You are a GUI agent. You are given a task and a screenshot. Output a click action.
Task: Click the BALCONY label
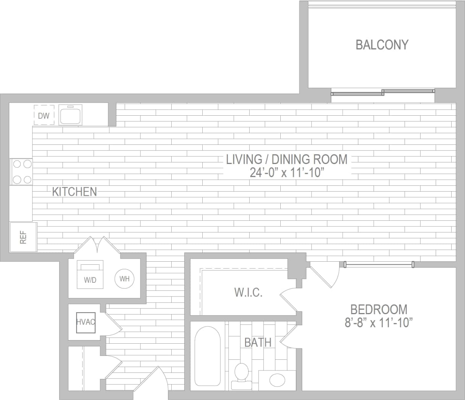(x=382, y=45)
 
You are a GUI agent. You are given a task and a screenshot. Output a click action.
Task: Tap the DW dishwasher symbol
(x=44, y=115)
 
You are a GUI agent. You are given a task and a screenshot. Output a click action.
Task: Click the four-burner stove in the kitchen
(x=22, y=172)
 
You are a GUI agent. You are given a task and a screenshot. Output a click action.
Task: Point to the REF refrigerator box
(x=23, y=238)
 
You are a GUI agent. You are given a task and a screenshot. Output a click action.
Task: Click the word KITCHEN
(x=74, y=192)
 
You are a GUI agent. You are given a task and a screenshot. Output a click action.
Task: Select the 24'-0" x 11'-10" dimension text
(x=287, y=172)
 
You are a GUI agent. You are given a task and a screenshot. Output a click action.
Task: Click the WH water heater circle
(x=124, y=279)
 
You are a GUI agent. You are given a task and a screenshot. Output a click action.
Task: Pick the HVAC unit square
(x=85, y=322)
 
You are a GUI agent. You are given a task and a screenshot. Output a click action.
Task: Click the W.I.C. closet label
(x=248, y=293)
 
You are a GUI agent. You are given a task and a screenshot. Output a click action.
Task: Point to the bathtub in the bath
(x=207, y=356)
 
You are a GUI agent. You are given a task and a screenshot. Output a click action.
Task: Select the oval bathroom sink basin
(x=277, y=380)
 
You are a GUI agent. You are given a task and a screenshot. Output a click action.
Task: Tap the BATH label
(x=258, y=342)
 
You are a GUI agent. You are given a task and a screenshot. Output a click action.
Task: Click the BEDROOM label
(x=379, y=309)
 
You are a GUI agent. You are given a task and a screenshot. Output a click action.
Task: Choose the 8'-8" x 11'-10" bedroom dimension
(x=379, y=323)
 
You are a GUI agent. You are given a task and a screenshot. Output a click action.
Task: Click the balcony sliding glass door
(x=382, y=92)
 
